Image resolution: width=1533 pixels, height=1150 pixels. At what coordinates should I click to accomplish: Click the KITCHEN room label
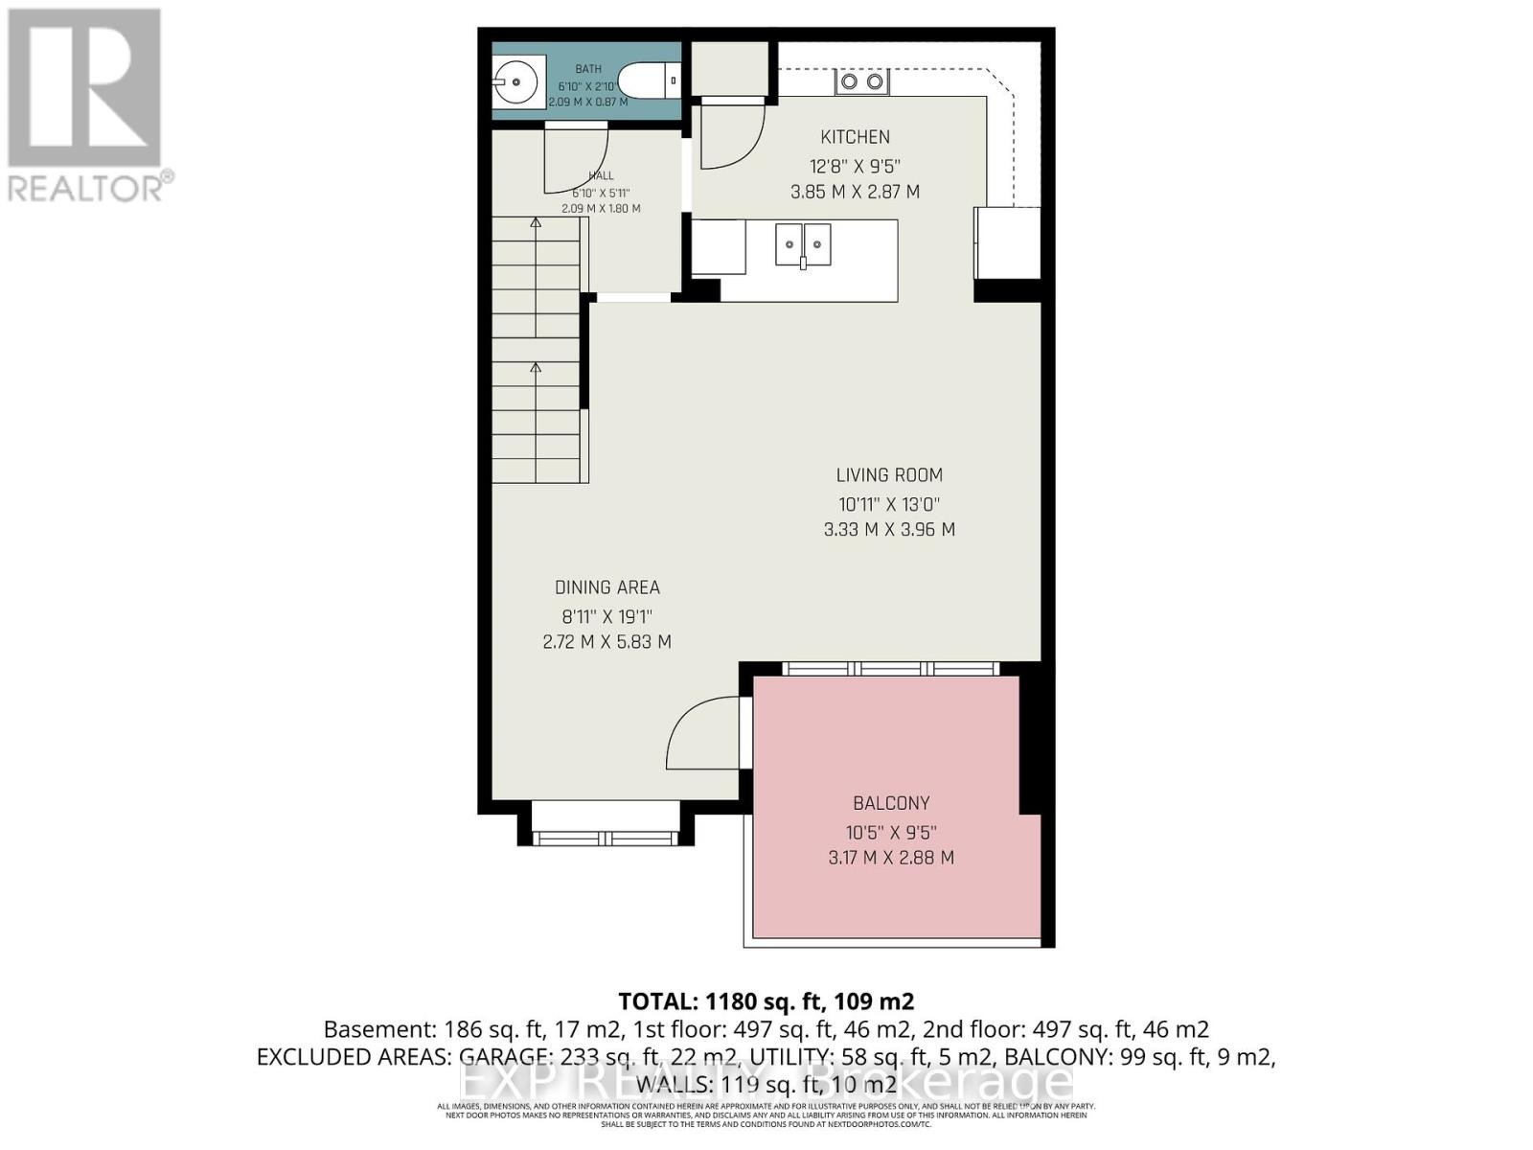855,137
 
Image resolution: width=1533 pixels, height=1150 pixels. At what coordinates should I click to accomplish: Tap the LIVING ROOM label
889,475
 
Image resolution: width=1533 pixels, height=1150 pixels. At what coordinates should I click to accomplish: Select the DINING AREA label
606,587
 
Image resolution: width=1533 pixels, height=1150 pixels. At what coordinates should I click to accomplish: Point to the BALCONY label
891,803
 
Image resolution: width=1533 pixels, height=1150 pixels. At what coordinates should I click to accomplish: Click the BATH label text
588,69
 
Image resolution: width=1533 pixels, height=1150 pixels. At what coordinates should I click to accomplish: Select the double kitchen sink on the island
803,244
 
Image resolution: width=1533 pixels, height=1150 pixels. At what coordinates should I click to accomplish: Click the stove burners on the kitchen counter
861,82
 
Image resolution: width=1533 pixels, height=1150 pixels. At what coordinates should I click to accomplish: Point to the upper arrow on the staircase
536,223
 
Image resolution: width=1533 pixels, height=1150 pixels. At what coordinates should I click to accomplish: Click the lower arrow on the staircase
536,367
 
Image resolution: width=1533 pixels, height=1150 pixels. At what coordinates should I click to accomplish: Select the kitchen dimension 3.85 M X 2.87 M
855,192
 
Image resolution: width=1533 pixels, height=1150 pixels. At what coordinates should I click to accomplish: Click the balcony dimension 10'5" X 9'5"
891,833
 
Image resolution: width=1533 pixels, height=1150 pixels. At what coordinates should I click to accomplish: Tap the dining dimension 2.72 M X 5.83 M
606,642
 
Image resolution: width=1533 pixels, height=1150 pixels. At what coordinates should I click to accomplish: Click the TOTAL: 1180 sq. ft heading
766,1001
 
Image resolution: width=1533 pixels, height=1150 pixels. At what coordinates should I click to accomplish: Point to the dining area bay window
605,837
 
